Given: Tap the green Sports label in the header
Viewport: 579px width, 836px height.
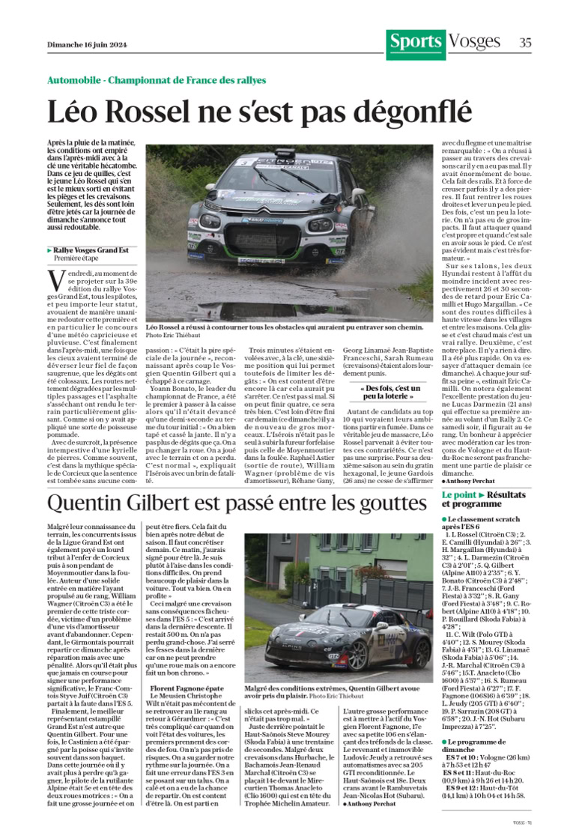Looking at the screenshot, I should point(415,43).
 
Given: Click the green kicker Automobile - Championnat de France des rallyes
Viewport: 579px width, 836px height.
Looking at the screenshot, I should point(157,79).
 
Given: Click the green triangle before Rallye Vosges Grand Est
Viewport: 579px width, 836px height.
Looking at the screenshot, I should point(49,249).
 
